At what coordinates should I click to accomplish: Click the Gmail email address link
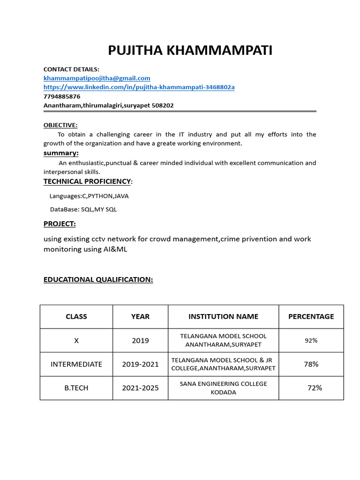pos(97,78)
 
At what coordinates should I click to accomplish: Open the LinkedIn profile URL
pos(139,87)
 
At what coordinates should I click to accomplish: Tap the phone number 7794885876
pos(62,96)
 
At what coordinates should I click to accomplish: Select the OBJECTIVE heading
pos(60,125)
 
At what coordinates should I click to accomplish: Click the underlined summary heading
pos(61,153)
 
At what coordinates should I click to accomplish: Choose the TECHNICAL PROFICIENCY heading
pos(87,181)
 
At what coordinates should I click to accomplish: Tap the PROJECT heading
pos(60,224)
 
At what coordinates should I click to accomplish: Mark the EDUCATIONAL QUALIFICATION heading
pos(98,280)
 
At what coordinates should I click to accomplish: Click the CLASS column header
pos(76,316)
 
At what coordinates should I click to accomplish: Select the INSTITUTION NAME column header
pos(223,316)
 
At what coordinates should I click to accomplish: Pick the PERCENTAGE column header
pos(311,316)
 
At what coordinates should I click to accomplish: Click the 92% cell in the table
pos(311,341)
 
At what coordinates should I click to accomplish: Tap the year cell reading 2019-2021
pos(140,364)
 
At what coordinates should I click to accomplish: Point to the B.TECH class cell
pos(76,388)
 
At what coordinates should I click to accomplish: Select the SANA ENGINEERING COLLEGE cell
pos(223,388)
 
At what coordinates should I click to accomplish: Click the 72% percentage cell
pos(315,388)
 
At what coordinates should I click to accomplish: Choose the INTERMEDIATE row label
pos(76,364)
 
